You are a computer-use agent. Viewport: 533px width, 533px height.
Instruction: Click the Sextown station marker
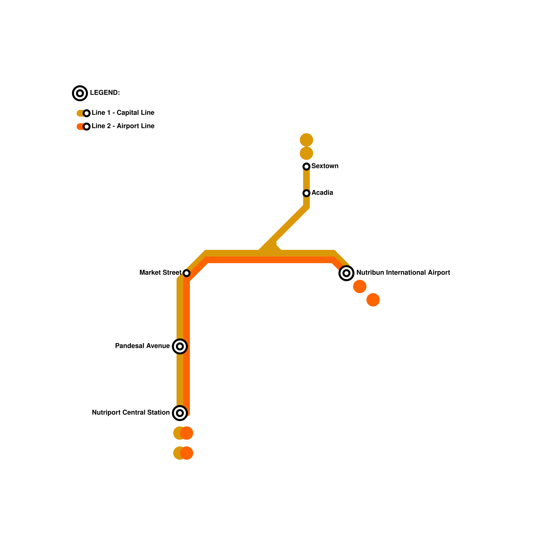click(306, 166)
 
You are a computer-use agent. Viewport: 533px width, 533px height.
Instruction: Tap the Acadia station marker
click(306, 193)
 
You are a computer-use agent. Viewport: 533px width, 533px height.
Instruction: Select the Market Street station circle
click(187, 273)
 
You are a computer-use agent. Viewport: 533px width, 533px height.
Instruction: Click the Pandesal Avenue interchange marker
click(180, 346)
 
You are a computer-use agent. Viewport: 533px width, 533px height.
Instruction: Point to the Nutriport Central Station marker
click(180, 413)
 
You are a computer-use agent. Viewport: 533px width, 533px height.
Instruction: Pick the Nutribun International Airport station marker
click(346, 273)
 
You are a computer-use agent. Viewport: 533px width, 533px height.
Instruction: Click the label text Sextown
click(325, 166)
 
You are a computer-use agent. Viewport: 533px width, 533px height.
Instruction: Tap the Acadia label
click(322, 193)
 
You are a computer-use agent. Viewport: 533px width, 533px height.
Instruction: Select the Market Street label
click(160, 272)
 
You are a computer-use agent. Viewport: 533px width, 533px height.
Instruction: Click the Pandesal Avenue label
click(142, 346)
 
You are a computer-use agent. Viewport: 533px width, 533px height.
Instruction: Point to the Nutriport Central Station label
click(131, 412)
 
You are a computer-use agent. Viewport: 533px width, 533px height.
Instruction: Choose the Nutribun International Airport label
click(403, 272)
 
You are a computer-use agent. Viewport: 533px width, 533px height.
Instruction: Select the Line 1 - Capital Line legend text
click(123, 113)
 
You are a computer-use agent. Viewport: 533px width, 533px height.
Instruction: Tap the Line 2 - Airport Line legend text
click(123, 126)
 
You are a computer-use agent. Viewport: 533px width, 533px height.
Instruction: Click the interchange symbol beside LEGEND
click(80, 93)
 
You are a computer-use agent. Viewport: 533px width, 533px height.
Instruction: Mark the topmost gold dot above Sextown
click(306, 140)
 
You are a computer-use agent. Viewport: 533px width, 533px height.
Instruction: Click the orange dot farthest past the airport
click(373, 300)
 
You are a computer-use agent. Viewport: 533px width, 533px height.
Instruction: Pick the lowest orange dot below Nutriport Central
click(187, 453)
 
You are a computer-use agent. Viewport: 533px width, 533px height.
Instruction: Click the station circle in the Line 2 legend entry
click(87, 127)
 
